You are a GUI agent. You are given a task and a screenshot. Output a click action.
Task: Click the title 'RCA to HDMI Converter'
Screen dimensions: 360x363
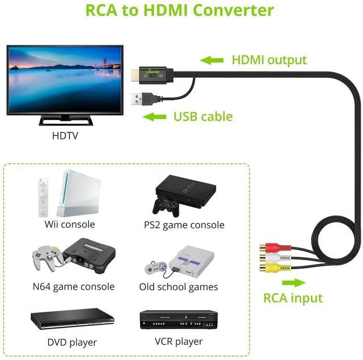179,10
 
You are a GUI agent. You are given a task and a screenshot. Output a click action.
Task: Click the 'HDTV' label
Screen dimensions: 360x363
65,136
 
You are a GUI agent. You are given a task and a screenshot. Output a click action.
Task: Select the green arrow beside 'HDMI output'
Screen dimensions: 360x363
212,60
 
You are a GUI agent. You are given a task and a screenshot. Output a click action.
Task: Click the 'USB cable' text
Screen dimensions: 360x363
202,117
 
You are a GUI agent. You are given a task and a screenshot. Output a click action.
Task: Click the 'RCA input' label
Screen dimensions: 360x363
293,298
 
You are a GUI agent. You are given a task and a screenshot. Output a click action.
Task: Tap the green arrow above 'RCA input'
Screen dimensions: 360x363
293,282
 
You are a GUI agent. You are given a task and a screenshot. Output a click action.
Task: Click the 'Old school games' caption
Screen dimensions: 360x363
179,287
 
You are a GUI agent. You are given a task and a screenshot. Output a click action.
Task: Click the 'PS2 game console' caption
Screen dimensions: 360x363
184,225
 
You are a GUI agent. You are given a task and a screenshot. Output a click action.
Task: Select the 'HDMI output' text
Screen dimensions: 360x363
269,60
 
